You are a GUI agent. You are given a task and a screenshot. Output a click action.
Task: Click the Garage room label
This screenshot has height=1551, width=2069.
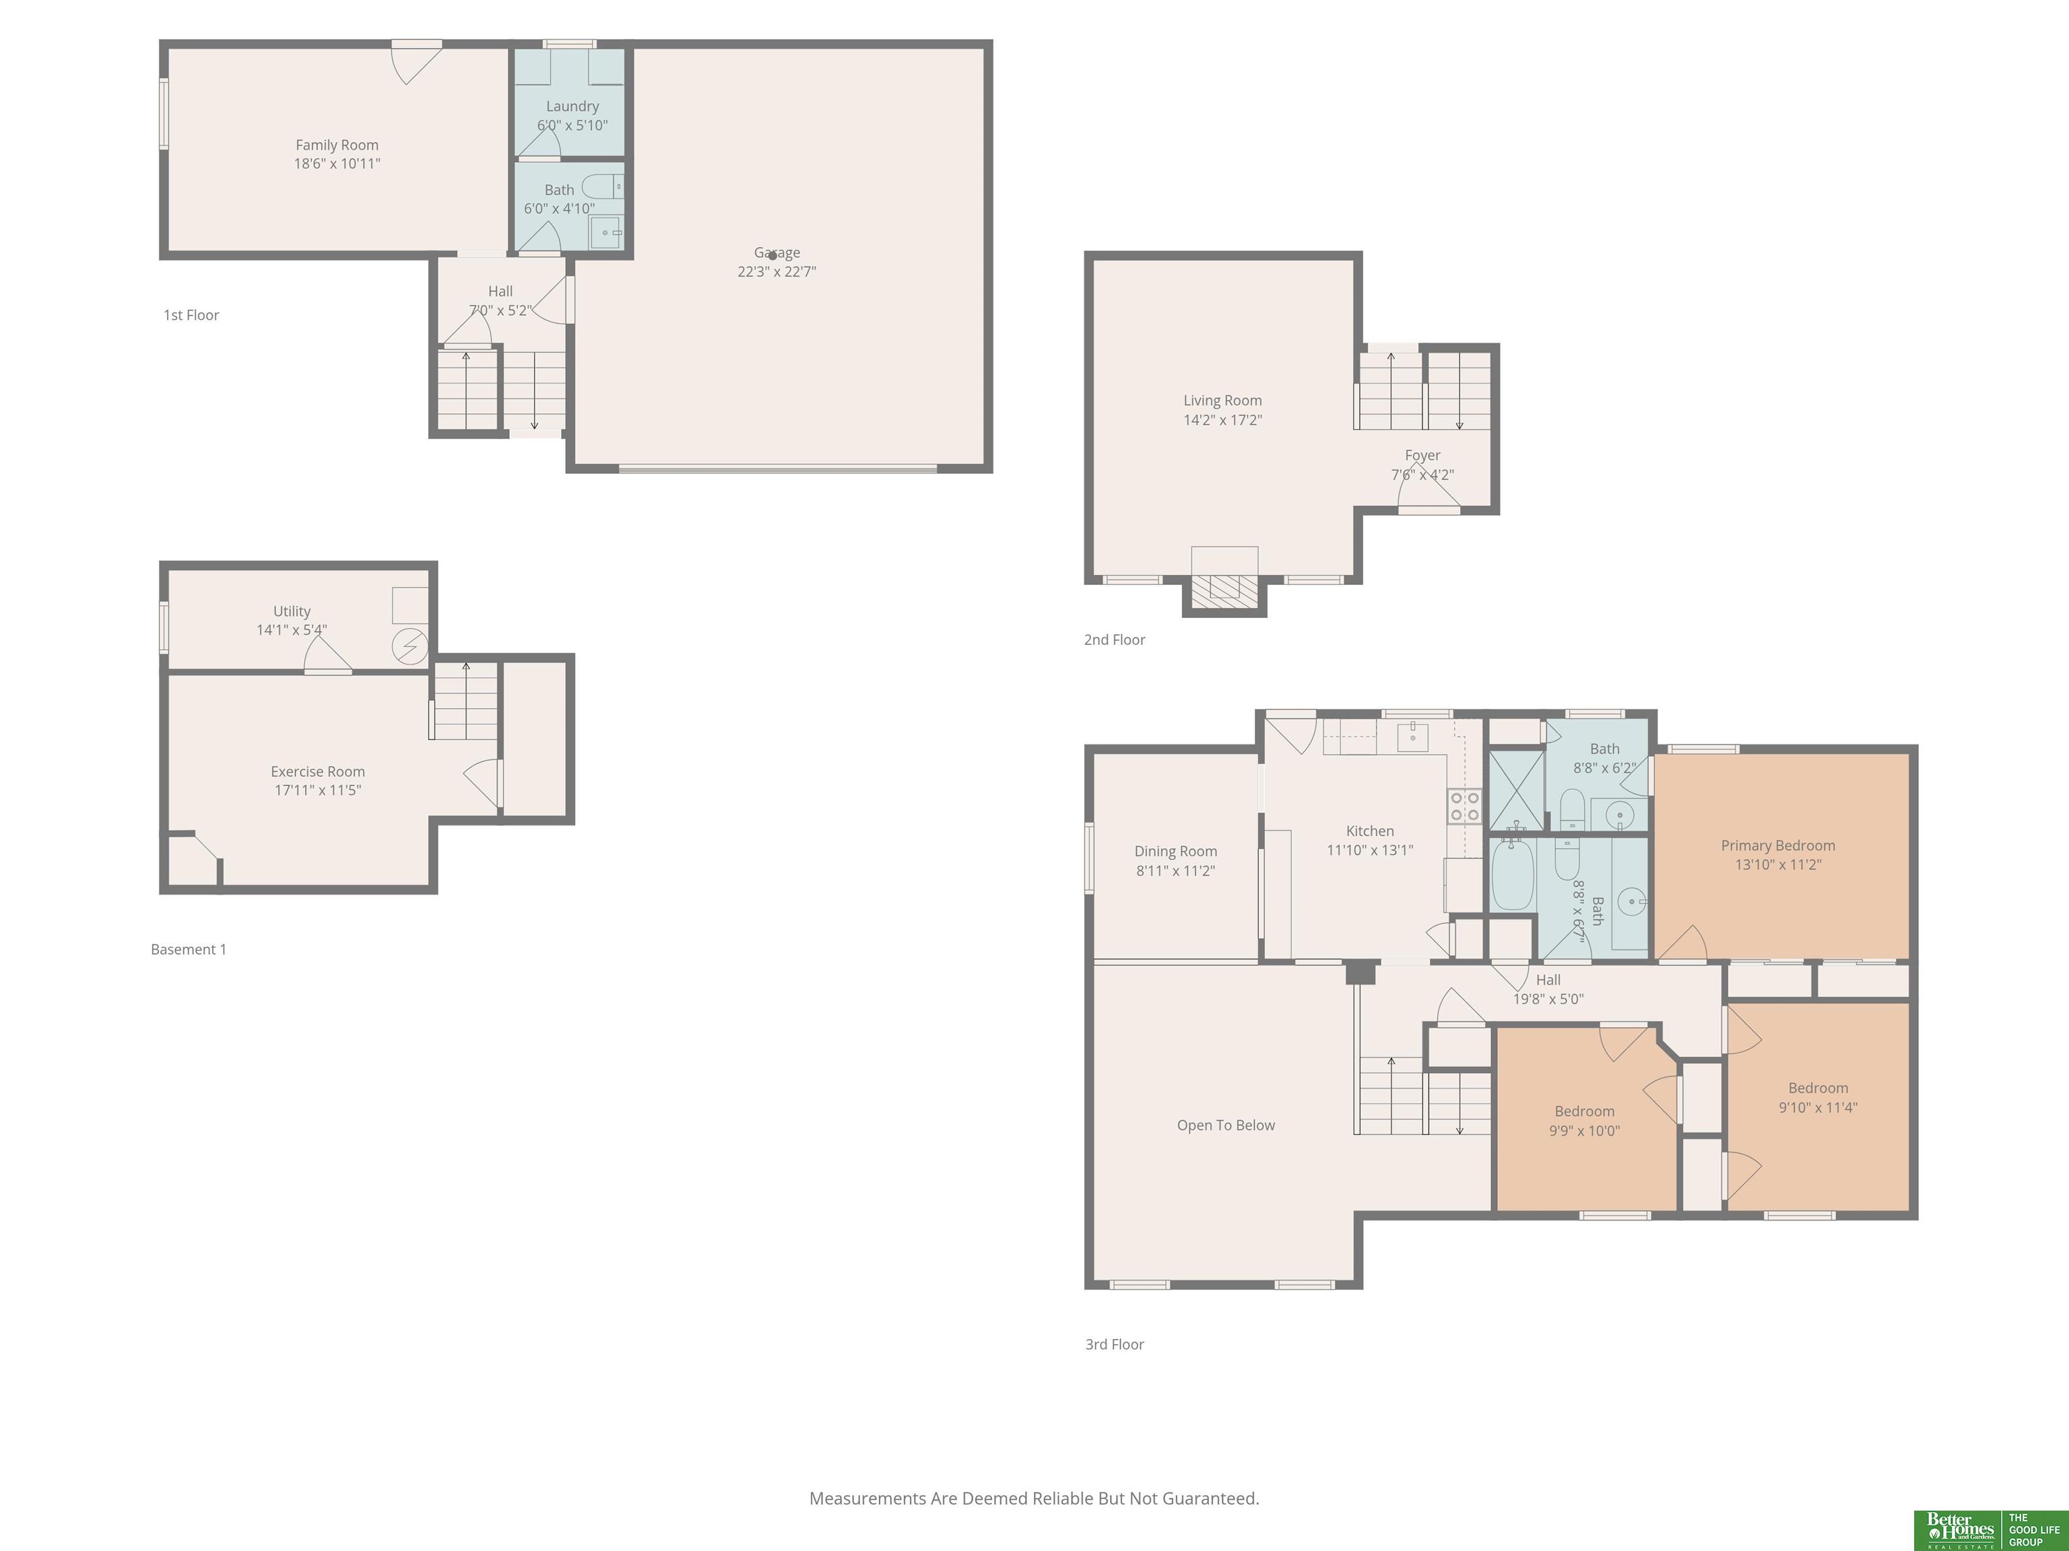coord(777,252)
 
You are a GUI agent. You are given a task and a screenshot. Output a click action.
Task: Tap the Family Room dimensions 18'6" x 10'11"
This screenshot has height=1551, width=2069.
coord(337,164)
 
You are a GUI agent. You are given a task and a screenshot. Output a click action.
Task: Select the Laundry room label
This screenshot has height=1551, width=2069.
coord(572,106)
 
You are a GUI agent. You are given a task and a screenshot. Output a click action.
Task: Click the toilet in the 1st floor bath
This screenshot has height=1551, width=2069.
coord(602,186)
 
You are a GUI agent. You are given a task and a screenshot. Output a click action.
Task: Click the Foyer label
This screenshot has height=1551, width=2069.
coord(1422,455)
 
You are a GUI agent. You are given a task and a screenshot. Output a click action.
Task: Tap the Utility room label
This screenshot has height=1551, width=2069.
coord(292,611)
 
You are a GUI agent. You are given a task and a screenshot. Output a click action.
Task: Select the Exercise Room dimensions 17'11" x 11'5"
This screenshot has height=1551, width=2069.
coord(318,790)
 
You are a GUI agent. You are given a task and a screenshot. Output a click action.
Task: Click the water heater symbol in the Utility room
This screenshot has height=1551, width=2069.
coord(409,646)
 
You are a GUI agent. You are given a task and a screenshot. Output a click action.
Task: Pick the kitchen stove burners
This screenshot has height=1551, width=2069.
coord(1465,806)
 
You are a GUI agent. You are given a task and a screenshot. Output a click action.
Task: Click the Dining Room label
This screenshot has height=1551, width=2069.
coord(1176,851)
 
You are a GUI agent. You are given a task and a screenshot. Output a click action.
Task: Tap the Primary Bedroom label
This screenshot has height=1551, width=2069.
coord(1778,845)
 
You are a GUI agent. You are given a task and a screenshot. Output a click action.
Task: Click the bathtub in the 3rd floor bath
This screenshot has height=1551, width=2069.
coord(1513,874)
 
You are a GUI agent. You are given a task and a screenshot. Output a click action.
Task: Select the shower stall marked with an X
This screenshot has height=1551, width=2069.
coord(1516,790)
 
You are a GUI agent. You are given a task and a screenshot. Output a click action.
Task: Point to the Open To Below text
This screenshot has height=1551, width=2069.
coord(1225,1126)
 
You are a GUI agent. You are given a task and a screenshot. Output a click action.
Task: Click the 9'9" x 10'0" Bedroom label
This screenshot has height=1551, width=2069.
coord(1585,1111)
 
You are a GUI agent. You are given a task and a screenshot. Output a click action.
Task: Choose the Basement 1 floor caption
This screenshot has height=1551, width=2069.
coord(189,949)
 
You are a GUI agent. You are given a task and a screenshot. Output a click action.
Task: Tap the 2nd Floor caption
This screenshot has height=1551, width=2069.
coord(1114,640)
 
